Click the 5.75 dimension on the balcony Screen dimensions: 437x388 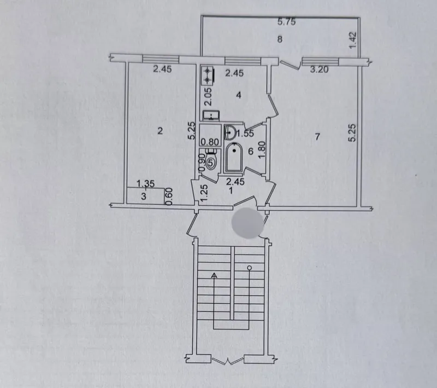286,21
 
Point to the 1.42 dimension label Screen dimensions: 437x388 352,40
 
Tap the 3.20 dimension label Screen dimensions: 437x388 320,69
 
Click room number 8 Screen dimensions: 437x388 280,39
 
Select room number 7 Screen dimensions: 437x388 317,137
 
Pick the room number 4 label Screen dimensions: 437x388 239,95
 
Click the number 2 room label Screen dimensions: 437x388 160,131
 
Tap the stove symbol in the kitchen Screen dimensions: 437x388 208,76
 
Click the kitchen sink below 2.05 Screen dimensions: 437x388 211,115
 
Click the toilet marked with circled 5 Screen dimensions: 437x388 211,160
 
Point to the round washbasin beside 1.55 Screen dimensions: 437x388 229,132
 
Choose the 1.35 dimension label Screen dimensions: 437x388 146,184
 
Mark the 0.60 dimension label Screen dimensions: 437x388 169,196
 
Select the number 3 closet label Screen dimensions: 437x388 144,196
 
